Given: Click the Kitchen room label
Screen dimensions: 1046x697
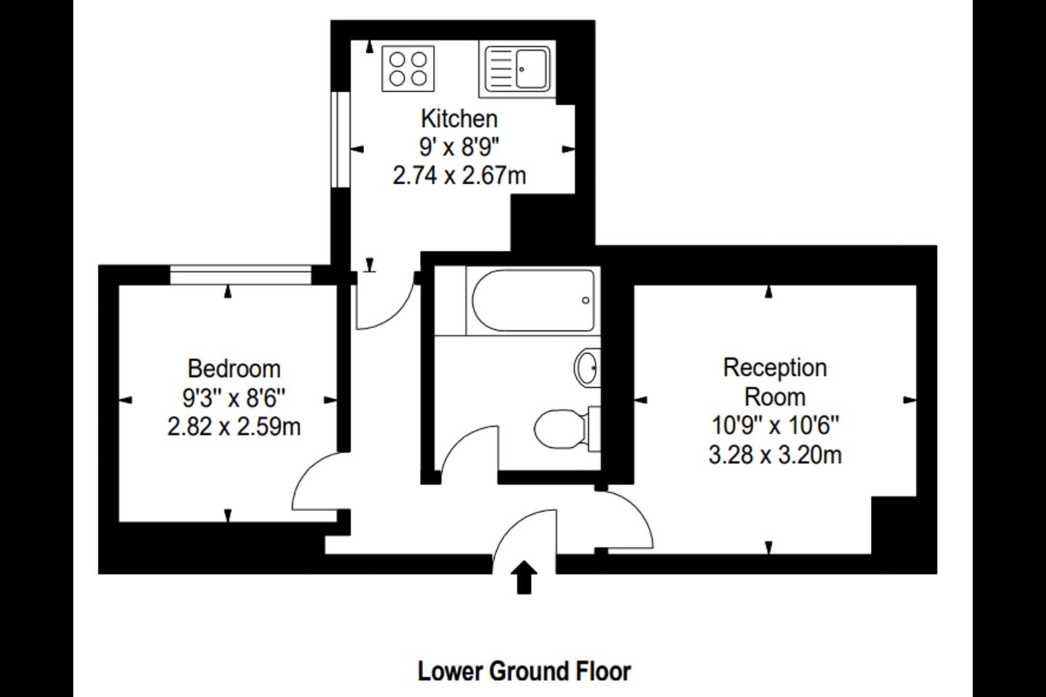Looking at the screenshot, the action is pos(460,119).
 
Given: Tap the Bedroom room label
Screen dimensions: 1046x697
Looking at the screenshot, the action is pos(234,369).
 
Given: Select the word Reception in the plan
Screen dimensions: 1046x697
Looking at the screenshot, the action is pos(774,368).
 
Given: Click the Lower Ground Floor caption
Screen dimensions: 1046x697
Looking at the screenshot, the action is pos(524,672).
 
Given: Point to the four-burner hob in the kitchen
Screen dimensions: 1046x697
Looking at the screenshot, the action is pos(408,69).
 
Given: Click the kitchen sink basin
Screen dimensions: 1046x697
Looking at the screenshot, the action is pos(532,69).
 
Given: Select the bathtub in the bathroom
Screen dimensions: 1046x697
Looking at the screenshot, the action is pos(533,301).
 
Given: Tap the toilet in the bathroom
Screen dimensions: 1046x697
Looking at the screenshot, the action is pos(567,429).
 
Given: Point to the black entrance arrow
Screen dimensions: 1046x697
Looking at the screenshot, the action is pos(524,577).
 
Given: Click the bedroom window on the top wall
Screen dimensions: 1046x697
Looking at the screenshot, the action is pos(240,274).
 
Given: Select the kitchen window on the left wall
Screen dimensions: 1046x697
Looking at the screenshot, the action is pos(341,139).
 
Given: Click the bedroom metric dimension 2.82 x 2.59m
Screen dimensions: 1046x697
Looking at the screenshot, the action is pos(234,427).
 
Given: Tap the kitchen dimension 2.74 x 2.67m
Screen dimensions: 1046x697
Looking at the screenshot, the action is pos(460,176).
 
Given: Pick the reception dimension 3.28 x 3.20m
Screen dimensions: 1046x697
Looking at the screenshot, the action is pos(775,455).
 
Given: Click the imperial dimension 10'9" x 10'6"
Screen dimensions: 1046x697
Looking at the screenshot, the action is pos(775,425).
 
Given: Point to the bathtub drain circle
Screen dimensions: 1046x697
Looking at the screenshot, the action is pos(585,301).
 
